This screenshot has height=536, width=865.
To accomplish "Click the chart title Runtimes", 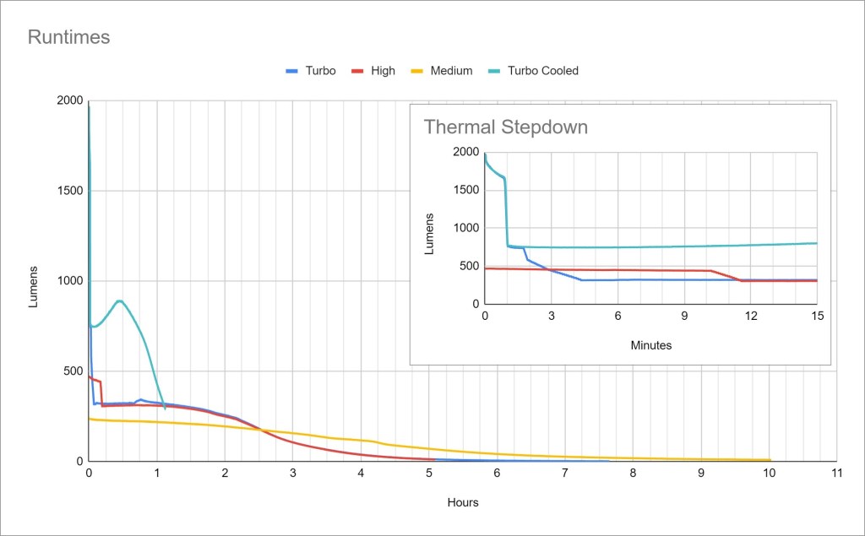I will click(x=69, y=37).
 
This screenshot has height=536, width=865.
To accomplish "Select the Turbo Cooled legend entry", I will click(x=542, y=71).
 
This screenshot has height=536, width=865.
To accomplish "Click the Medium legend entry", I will click(x=451, y=71).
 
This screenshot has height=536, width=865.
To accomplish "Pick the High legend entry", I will click(x=383, y=71).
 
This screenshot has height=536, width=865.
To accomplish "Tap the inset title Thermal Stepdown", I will click(x=505, y=127).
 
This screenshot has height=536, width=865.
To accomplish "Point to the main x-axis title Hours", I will click(x=463, y=502).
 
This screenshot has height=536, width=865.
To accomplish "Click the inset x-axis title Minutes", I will click(x=650, y=344).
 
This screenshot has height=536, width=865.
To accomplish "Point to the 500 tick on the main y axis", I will click(x=73, y=371).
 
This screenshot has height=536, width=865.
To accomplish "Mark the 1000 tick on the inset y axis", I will click(x=466, y=228).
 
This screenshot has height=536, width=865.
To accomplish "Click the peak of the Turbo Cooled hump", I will click(x=119, y=300).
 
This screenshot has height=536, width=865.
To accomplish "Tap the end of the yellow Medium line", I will click(x=770, y=460).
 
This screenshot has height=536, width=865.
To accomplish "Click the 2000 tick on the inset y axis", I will click(x=466, y=152).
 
